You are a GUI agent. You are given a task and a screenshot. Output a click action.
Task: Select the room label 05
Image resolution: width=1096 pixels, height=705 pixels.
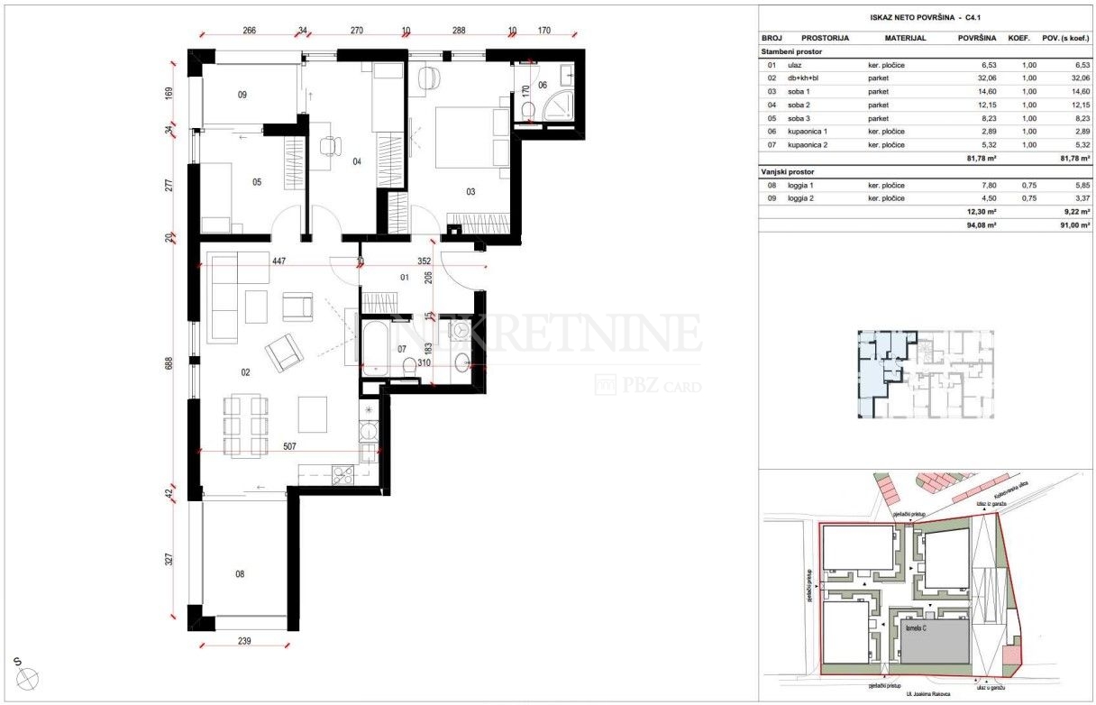(x=257, y=181)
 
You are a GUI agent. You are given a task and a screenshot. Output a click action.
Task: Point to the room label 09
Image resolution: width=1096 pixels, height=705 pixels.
(x=242, y=95)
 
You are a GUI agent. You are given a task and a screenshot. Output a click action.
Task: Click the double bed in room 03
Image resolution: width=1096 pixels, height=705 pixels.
(x=469, y=138)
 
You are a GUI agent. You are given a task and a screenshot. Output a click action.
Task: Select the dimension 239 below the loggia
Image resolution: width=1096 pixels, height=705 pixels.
(x=243, y=642)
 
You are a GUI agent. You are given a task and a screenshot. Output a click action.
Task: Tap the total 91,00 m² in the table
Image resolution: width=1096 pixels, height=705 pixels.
(x=1073, y=225)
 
